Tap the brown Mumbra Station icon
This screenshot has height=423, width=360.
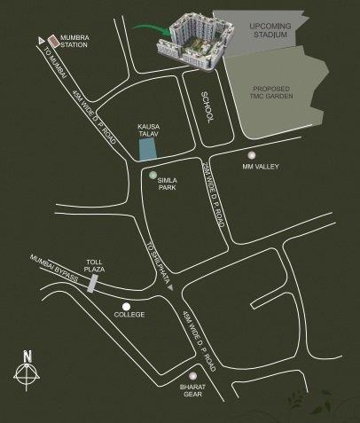[x=53, y=41]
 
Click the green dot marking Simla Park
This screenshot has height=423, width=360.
[x=153, y=175]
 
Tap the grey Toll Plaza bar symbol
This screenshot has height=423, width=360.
[x=93, y=283]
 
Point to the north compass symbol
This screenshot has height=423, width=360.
[x=27, y=371]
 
